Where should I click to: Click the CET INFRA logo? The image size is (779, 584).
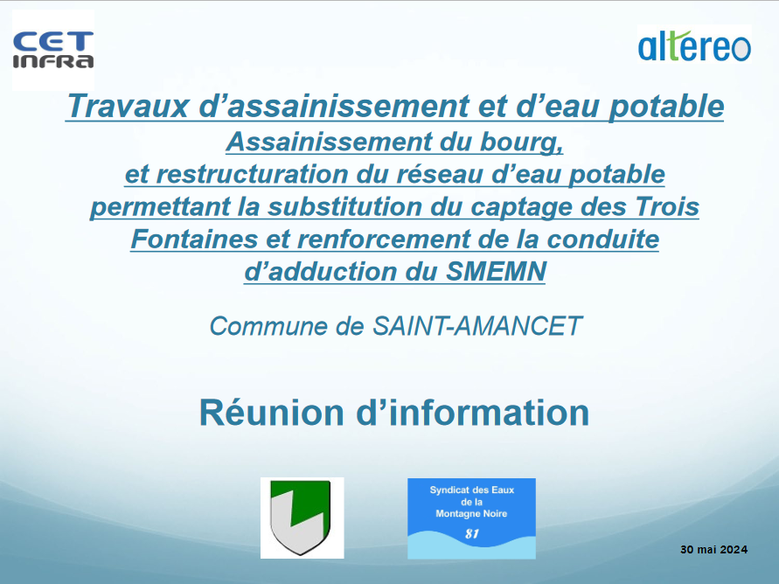(53, 50)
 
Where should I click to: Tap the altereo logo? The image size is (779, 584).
(694, 46)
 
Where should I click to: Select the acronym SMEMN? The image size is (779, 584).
(496, 272)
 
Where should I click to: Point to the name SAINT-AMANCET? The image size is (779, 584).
(477, 326)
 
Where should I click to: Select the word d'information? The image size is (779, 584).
(473, 413)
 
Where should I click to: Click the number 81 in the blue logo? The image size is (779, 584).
(472, 534)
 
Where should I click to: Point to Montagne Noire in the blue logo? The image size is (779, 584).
(471, 514)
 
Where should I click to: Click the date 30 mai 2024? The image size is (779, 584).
(714, 550)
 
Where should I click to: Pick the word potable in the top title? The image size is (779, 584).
(667, 107)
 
